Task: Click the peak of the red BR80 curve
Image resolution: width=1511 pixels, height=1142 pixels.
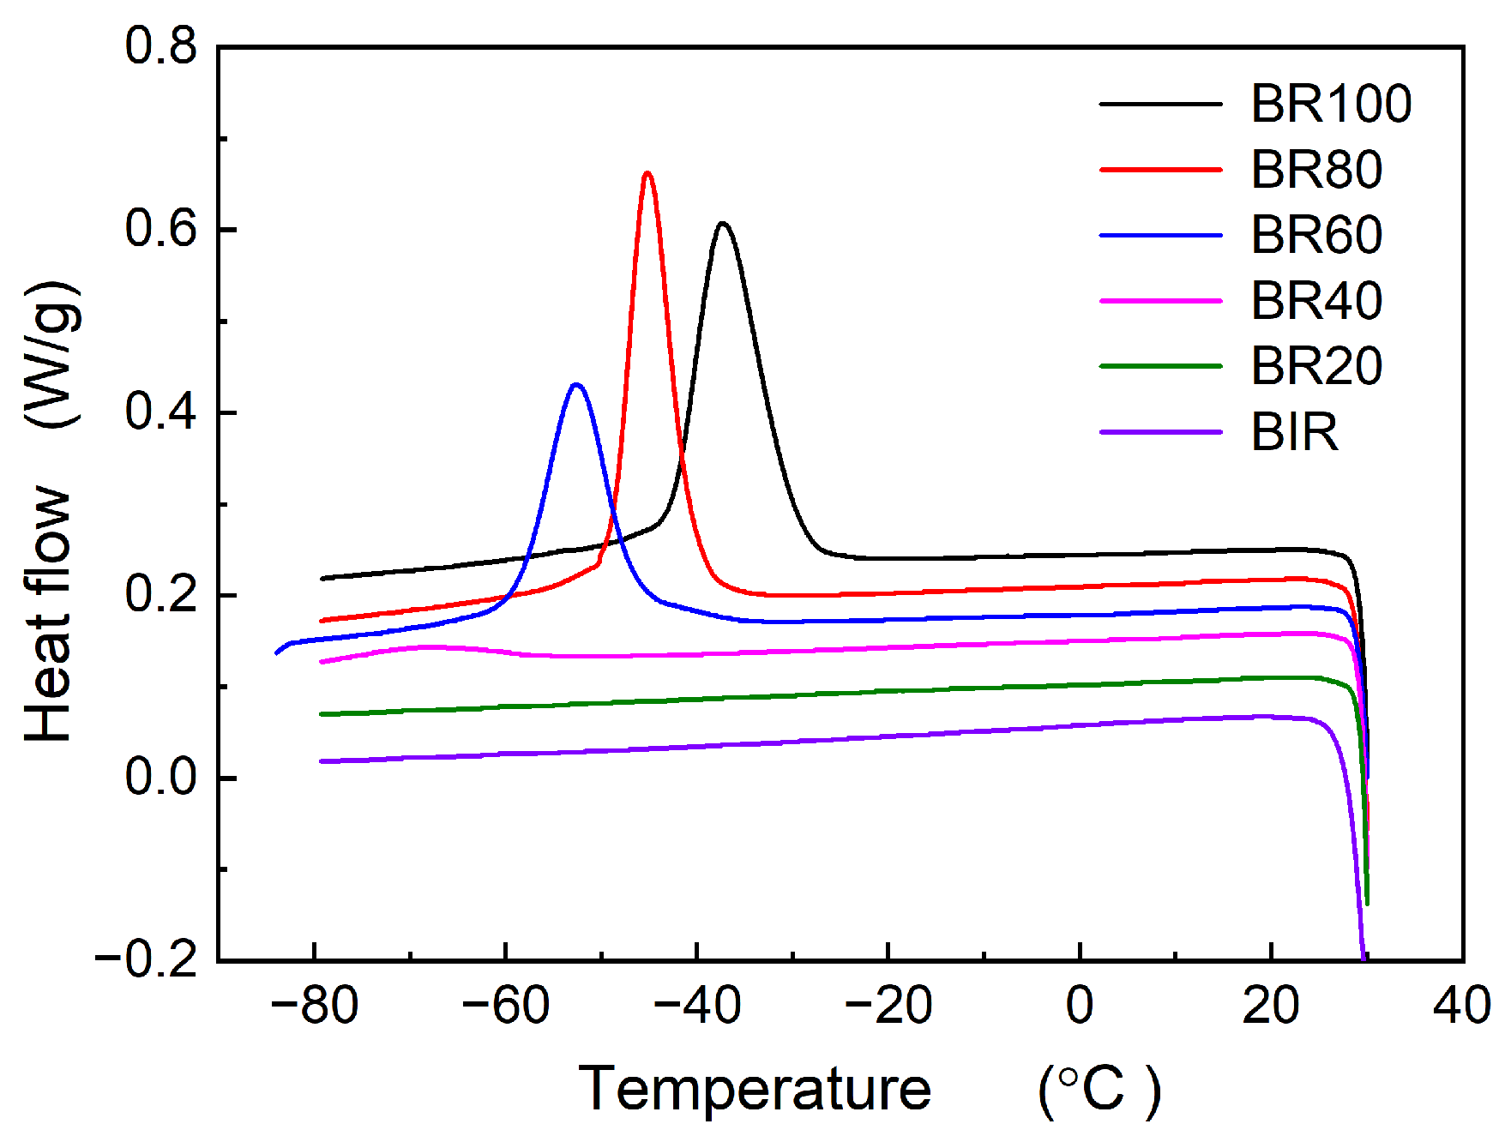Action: click(647, 173)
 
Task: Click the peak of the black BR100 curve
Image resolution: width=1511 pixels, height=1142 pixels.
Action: click(724, 224)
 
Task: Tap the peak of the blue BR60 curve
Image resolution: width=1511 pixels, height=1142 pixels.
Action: click(576, 384)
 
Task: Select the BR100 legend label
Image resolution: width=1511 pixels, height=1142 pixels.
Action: click(1330, 104)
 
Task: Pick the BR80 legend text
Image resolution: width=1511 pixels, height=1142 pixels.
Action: click(1315, 170)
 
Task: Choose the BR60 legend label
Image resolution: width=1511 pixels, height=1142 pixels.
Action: click(1315, 235)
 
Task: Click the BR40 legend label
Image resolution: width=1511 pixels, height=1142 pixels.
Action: click(1315, 301)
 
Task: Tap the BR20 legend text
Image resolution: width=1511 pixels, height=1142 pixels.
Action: click(1315, 366)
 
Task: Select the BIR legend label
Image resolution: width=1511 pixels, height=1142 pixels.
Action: click(1293, 432)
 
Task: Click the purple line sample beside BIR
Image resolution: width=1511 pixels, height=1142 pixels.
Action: click(1160, 432)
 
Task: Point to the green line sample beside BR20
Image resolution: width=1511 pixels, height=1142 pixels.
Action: click(1160, 366)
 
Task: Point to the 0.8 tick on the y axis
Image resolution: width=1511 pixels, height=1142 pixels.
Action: click(161, 46)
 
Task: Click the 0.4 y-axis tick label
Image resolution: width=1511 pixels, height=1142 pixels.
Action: click(161, 412)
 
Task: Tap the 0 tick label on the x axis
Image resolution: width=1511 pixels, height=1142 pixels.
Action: click(1080, 1005)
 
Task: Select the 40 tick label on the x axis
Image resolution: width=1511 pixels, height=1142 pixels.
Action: click(1461, 1005)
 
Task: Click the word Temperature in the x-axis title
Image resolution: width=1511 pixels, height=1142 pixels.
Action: click(755, 1089)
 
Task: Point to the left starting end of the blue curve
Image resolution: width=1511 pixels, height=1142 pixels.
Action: click(277, 653)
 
